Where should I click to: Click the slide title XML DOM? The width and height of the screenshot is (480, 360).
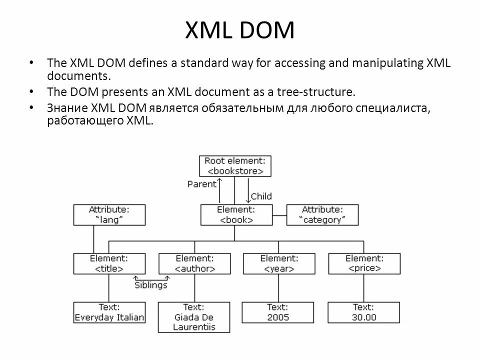(240, 30)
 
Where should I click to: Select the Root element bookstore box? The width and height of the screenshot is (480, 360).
(235, 165)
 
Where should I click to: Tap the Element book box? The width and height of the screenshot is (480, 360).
(236, 214)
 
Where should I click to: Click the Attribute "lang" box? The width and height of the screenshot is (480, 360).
(109, 214)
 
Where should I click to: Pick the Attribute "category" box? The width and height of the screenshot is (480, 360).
(322, 214)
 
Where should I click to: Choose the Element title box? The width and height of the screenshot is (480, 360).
(109, 263)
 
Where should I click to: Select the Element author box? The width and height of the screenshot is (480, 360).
(195, 263)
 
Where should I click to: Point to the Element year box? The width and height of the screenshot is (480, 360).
(279, 263)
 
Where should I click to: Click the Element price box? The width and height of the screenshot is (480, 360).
(364, 263)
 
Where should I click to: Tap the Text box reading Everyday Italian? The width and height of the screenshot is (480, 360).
(109, 312)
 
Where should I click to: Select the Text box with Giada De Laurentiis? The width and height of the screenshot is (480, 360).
(194, 317)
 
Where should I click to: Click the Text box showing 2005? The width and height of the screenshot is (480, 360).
(278, 312)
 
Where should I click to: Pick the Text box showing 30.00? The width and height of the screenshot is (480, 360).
(364, 312)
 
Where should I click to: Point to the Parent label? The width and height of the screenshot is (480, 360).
(202, 183)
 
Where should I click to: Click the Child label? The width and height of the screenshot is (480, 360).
(261, 196)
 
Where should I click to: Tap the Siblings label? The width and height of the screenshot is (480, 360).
(151, 285)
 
